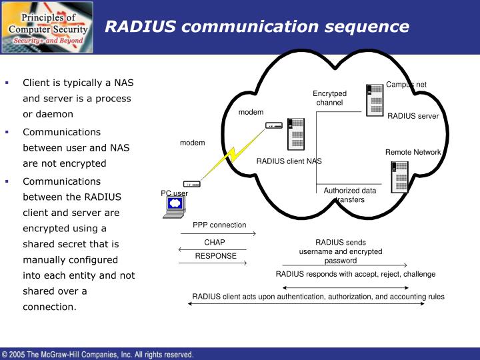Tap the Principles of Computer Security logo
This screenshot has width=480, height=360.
[47, 27]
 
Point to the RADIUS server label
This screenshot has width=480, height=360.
[413, 116]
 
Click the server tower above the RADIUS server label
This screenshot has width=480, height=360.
[375, 99]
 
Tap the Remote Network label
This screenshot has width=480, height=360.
[413, 152]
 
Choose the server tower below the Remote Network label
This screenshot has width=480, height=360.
[400, 177]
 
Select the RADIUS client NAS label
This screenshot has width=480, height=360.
[289, 161]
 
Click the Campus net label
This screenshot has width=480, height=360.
[406, 84]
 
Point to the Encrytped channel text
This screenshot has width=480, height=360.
[329, 98]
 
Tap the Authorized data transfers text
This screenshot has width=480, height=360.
[349, 195]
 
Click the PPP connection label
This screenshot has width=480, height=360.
[219, 225]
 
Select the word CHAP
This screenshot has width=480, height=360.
[215, 242]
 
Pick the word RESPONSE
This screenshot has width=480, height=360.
[215, 256]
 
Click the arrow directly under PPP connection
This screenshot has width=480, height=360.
[218, 234]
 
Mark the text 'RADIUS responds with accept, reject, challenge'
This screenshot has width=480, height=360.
[355, 274]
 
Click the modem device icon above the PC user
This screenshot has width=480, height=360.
[191, 184]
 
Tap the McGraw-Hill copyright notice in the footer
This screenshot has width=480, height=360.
[98, 354]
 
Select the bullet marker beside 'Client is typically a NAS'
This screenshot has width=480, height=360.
[7, 83]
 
